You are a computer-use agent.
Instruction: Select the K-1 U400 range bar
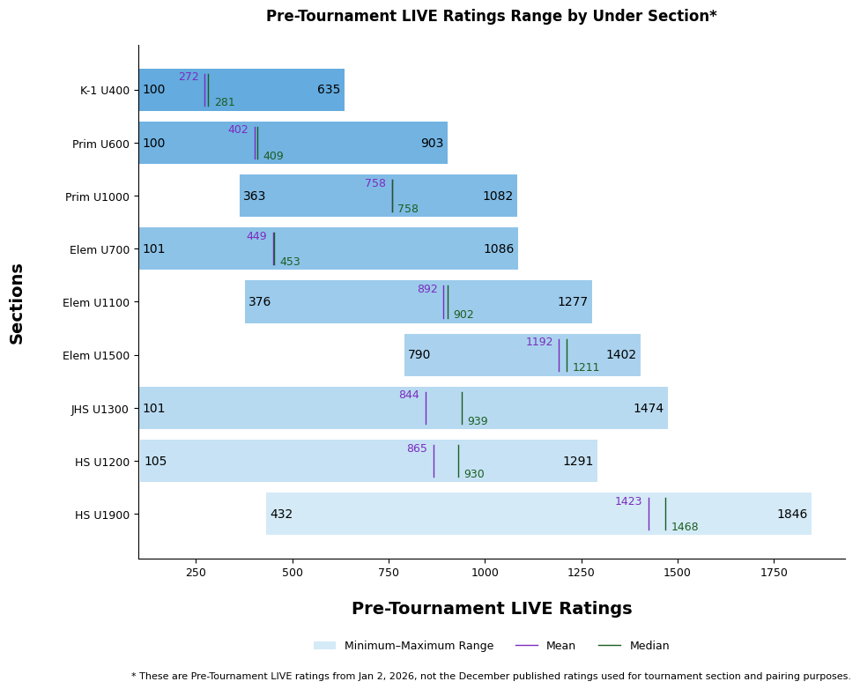coord(264,90)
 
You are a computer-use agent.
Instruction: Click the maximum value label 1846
coord(791,515)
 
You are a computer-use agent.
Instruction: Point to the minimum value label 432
coord(281,515)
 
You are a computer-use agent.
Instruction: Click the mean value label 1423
coord(628,501)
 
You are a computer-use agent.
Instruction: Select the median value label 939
coord(477,421)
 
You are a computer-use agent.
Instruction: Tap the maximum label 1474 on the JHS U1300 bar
coord(648,409)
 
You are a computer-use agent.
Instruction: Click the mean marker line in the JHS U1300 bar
coord(426,408)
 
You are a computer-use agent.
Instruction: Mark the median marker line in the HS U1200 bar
coord(458,461)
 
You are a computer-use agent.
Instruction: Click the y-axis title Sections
coord(17,303)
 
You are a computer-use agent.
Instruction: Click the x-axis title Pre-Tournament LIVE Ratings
coord(492,609)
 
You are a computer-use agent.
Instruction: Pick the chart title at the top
coord(492,16)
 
